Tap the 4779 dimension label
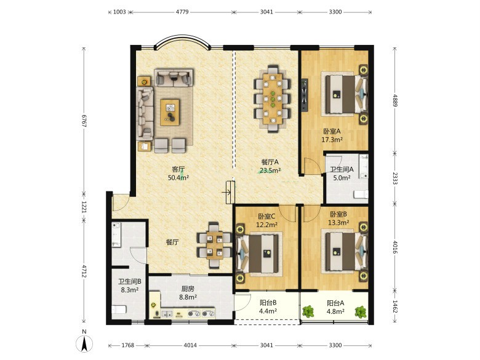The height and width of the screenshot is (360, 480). coord(182,12)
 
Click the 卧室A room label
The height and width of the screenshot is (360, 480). coord(332,131)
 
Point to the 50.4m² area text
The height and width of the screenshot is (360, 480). coord(178,177)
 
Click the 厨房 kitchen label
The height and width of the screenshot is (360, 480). coord(188,289)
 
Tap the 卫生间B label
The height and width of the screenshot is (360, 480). coord(129,281)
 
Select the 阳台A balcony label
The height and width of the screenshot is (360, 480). coord(335,303)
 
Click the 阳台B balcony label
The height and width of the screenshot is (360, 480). coord(268,303)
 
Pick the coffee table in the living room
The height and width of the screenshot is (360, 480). coord(170,112)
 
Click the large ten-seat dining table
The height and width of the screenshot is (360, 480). coord(272,98)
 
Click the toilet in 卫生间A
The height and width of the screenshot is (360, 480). coord(361,194)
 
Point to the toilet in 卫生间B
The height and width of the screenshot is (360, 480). coord(119,309)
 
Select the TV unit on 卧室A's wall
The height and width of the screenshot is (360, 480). coord(305,95)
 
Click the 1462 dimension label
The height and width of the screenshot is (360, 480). coord(395,306)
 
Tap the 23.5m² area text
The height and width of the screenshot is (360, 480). coord(270,170)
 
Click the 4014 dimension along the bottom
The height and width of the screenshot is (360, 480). coord(190,345)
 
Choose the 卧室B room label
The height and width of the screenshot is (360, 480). coord(338,214)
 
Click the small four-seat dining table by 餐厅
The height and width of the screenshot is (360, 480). coord(214,245)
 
